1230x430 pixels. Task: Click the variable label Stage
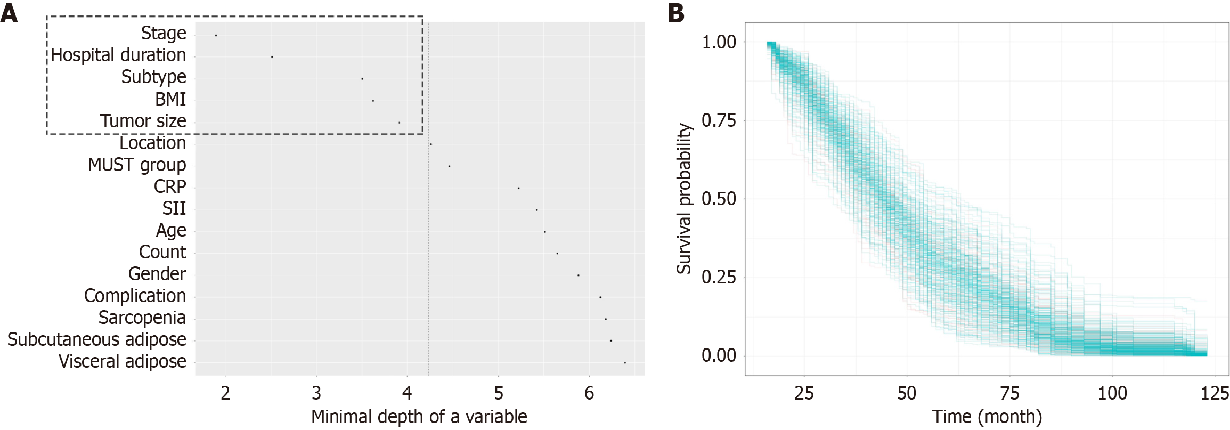(163, 33)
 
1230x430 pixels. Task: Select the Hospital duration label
(118, 55)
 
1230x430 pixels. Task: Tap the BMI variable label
(170, 99)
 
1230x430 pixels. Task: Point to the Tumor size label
(143, 121)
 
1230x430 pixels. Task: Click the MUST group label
(137, 165)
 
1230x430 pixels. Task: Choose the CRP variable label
(170, 186)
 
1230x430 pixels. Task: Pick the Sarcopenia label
(142, 318)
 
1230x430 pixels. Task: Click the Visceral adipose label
(122, 361)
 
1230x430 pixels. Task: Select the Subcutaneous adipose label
(96, 339)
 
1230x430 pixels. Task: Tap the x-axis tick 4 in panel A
(407, 393)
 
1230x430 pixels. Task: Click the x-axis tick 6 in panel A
(589, 393)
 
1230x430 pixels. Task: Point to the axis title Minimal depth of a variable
(419, 417)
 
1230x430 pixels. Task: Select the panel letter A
(9, 13)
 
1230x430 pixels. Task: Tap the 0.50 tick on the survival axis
(718, 199)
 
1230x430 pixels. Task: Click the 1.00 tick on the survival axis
(718, 42)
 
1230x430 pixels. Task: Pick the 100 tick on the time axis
(1112, 393)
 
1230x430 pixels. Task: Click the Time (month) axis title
(987, 417)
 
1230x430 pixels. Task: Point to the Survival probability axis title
(684, 199)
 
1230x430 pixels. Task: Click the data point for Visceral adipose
(624, 362)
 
